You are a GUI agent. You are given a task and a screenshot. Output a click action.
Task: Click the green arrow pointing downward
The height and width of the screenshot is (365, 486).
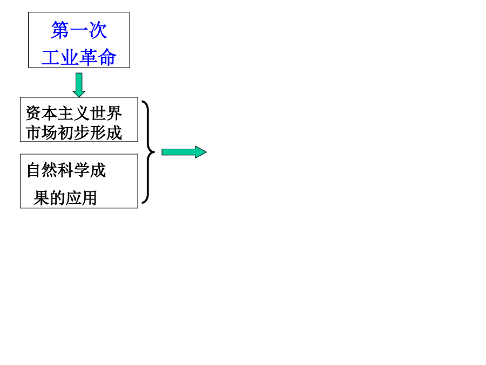pos(79,85)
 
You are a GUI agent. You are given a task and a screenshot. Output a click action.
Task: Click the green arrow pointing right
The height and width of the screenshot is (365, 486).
pos(184,152)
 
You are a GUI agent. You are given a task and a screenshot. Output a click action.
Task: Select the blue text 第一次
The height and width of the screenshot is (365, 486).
pos(79,30)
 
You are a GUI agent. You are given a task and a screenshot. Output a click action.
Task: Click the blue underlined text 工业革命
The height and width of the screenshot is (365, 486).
pos(79,57)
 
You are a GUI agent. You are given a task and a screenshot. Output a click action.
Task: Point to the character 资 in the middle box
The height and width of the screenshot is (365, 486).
pos(33,113)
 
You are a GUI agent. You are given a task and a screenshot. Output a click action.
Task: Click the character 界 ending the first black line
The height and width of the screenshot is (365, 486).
pos(114,113)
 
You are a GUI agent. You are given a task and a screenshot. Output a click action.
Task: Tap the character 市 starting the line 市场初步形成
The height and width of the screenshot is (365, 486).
pos(33,133)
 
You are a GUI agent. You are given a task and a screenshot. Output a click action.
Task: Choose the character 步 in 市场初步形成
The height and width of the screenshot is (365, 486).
pos(82,133)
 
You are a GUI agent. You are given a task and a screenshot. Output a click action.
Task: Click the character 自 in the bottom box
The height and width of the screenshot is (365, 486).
pos(34,170)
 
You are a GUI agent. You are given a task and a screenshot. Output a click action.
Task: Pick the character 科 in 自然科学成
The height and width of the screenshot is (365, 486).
pos(66,170)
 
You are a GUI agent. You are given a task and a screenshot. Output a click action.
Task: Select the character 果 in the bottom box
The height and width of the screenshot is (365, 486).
pos(41,198)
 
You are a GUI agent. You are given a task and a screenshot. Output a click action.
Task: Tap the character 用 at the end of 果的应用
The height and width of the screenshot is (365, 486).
pos(90,198)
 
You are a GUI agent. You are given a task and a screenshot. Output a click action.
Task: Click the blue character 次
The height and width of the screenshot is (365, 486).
pos(98,30)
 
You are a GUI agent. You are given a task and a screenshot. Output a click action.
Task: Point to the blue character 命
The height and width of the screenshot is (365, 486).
pos(107,57)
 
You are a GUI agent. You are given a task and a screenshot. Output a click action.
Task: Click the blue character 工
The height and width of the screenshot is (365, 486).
pos(51,57)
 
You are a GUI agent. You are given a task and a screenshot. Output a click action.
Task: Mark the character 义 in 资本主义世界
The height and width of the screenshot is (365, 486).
pos(82,113)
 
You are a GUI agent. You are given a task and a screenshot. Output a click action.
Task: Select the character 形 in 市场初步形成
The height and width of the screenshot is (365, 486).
pos(98,133)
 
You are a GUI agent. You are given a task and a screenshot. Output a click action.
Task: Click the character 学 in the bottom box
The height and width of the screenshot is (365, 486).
pos(82,170)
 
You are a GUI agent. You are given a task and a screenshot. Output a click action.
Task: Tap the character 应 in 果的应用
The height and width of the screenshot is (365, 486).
pos(73,198)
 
